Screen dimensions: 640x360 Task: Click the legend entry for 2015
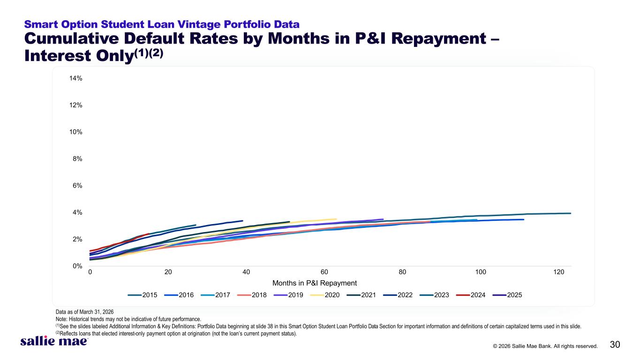pyautogui.click(x=142, y=295)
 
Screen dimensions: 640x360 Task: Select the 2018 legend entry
pyautogui.click(x=252, y=295)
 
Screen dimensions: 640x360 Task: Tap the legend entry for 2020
pyautogui.click(x=325, y=295)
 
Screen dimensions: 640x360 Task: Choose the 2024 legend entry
pyautogui.click(x=471, y=295)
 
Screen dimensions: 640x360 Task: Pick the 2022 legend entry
pyautogui.click(x=398, y=295)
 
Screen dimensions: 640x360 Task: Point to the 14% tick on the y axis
pyautogui.click(x=75, y=78)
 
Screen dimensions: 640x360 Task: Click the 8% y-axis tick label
pyautogui.click(x=77, y=159)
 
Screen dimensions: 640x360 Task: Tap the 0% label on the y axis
pyautogui.click(x=77, y=266)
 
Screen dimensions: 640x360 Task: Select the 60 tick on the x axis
pyautogui.click(x=324, y=272)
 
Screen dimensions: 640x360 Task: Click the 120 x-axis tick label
pyautogui.click(x=558, y=272)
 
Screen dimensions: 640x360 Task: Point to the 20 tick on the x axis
pyautogui.click(x=168, y=272)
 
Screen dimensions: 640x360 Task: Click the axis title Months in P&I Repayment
pyautogui.click(x=315, y=283)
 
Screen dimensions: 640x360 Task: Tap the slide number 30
pyautogui.click(x=615, y=345)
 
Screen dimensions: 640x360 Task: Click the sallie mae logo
pyautogui.click(x=54, y=341)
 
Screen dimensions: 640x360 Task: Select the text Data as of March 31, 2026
pyautogui.click(x=84, y=312)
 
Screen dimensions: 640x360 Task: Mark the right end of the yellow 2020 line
pyautogui.click(x=336, y=219)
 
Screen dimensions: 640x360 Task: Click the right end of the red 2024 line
pyautogui.click(x=149, y=234)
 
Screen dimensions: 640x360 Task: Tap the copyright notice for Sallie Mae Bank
pyautogui.click(x=545, y=346)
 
